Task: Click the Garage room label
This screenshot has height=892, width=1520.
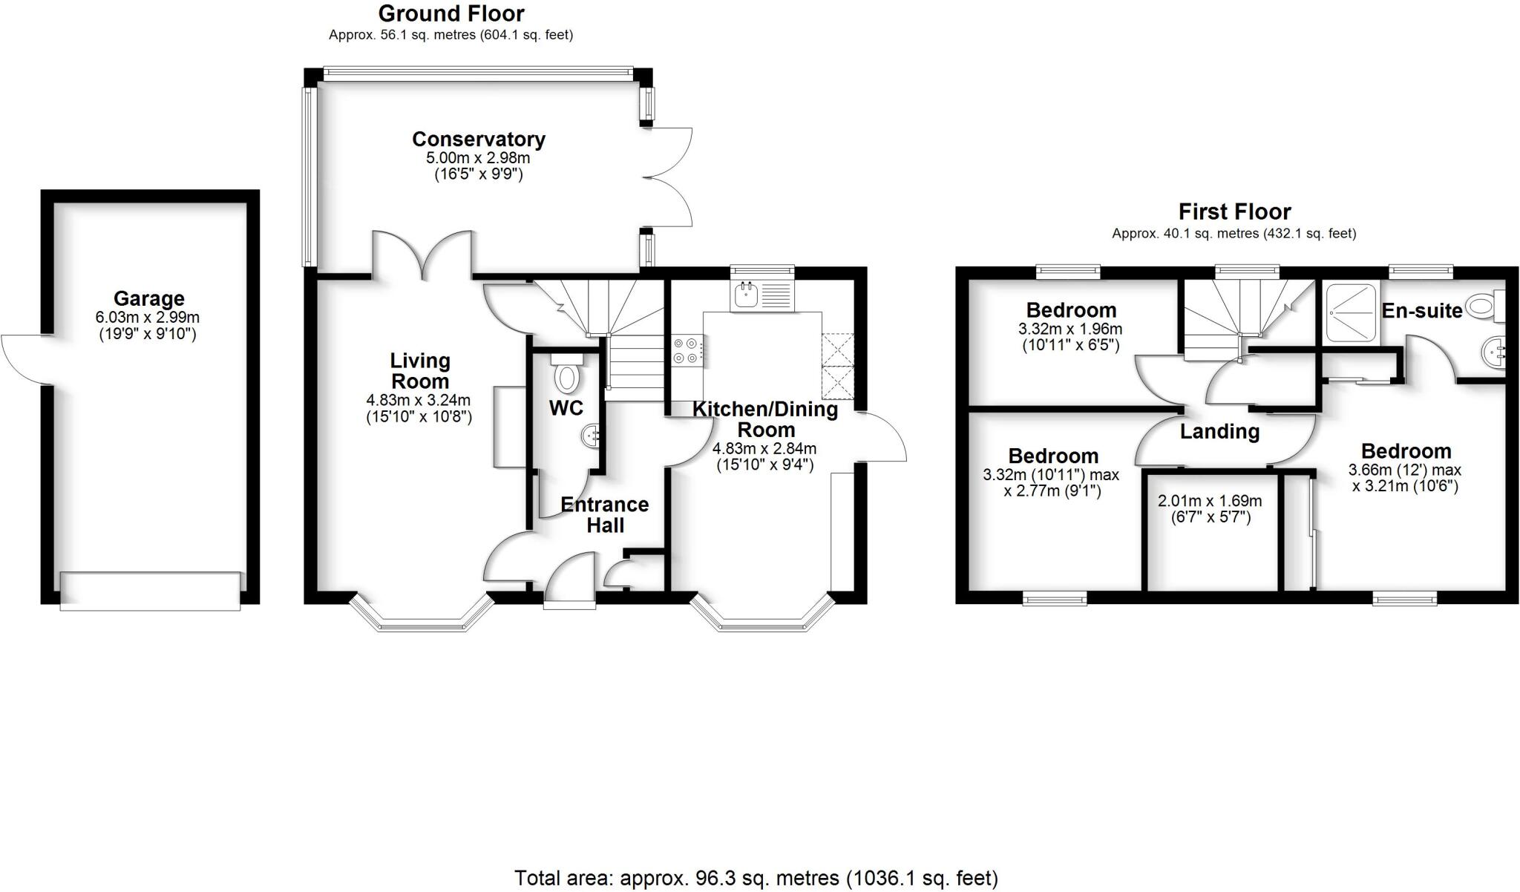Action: pyautogui.click(x=148, y=298)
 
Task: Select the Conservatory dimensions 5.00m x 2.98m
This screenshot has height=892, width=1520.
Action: pyautogui.click(x=477, y=158)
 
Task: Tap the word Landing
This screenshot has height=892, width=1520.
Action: pyautogui.click(x=1219, y=431)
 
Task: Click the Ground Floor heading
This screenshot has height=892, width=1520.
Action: pyautogui.click(x=451, y=13)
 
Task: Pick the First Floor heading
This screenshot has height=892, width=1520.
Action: pyautogui.click(x=1234, y=211)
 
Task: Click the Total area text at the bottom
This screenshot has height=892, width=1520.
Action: pyautogui.click(x=756, y=878)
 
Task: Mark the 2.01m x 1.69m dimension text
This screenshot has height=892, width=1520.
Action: pyautogui.click(x=1209, y=501)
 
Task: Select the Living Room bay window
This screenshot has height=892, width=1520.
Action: pyautogui.click(x=422, y=619)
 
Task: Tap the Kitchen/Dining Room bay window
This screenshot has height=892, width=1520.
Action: pyautogui.click(x=763, y=619)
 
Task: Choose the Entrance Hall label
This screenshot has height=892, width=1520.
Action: pyautogui.click(x=604, y=514)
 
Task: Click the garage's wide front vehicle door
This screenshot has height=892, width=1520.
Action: pyautogui.click(x=150, y=591)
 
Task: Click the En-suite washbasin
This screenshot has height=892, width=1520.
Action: pyautogui.click(x=1493, y=353)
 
